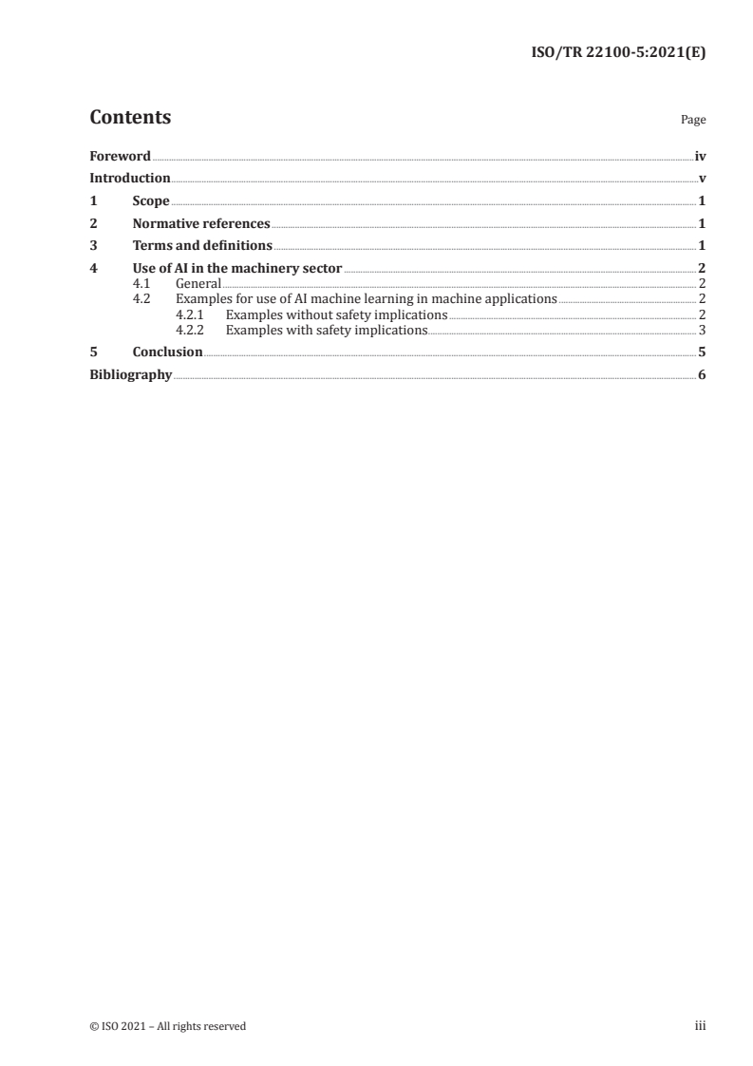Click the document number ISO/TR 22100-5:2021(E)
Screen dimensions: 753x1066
(617, 53)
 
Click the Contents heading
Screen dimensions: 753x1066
(130, 118)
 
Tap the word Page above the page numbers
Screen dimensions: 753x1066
(692, 121)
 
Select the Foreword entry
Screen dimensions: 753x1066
(120, 156)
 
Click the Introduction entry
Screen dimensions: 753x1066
(129, 179)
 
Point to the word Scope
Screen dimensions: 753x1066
(151, 201)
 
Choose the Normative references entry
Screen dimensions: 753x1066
(201, 224)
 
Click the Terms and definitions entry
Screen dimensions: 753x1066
(202, 246)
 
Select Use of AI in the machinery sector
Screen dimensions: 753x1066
(237, 269)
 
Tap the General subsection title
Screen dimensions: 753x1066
(198, 284)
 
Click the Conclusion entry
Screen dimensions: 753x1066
(167, 352)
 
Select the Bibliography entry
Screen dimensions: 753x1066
(130, 375)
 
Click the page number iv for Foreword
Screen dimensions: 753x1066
(700, 156)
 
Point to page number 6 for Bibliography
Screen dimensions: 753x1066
(702, 375)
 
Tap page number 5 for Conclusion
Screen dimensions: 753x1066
(702, 352)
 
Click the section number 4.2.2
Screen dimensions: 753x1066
(192, 331)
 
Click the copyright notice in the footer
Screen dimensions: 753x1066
(167, 1026)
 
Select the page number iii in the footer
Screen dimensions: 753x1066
(700, 1026)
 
